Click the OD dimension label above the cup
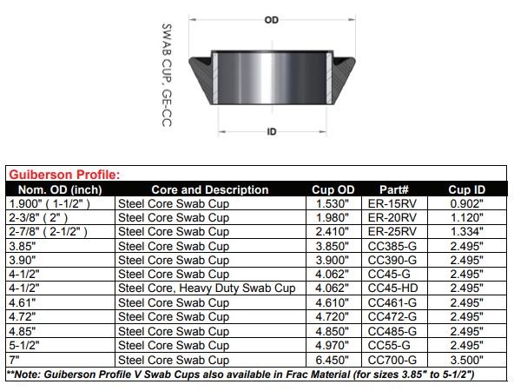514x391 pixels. coord(272,19)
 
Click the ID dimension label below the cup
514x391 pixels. coord(271,132)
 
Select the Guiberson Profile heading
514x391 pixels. coord(64,175)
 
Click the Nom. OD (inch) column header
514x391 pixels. coord(60,189)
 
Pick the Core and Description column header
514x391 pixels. coord(209,189)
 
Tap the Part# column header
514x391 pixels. coord(393,189)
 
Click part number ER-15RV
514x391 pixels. coord(393,203)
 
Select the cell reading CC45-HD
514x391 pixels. coord(393,288)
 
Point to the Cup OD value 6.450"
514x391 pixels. coord(333,360)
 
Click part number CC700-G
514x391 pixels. coord(393,360)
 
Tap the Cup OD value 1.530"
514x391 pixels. coord(333,203)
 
